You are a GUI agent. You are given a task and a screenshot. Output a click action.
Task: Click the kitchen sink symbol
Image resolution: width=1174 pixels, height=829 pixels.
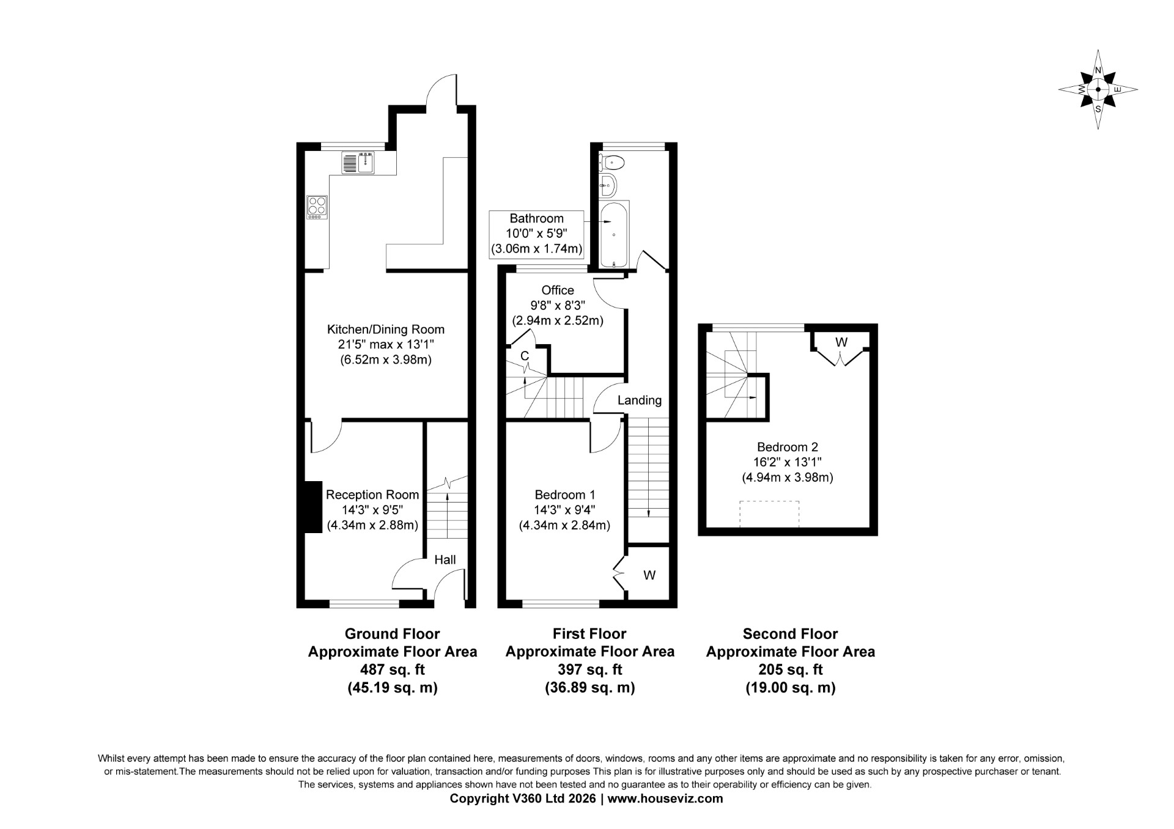tap(359, 163)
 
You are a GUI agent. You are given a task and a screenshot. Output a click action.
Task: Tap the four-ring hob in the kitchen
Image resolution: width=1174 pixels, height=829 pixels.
tap(317, 207)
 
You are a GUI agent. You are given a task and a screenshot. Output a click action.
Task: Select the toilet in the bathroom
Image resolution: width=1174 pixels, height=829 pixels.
tap(611, 162)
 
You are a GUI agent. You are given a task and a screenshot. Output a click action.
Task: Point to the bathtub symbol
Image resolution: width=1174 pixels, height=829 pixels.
tap(614, 234)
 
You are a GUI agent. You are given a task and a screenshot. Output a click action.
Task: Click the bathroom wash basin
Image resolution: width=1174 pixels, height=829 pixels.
tap(608, 185)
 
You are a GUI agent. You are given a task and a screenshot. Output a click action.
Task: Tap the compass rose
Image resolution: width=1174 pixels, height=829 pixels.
tap(1098, 90)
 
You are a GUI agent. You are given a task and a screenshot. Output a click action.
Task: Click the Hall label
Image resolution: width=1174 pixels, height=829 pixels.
tap(445, 559)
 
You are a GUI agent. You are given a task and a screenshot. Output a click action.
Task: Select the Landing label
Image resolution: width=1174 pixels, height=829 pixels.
tap(640, 400)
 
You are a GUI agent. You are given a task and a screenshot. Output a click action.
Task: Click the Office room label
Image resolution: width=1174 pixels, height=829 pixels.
tap(558, 290)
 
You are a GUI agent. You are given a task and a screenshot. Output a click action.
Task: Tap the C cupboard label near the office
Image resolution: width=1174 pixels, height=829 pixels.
tap(525, 356)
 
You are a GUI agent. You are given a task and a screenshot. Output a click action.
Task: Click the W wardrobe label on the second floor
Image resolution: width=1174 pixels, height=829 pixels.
tap(841, 342)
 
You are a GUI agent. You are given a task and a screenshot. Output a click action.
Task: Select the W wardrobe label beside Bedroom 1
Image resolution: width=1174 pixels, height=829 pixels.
tap(649, 575)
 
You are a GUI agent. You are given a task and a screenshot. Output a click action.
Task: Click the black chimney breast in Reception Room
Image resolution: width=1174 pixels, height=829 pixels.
tap(313, 507)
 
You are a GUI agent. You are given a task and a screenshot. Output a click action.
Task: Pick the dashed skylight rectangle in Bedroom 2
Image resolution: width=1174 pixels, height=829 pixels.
tap(769, 514)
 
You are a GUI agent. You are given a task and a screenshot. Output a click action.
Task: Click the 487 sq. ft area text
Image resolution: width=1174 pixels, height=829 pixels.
tap(393, 669)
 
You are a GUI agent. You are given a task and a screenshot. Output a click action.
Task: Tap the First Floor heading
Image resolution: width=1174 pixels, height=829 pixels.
tap(589, 634)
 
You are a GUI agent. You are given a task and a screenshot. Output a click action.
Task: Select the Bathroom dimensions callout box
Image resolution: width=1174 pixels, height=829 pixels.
tap(537, 234)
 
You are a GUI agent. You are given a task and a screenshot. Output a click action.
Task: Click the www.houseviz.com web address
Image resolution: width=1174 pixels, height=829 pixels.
tap(665, 798)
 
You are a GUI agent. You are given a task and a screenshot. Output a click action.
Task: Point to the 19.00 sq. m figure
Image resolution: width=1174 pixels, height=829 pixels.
tap(791, 688)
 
